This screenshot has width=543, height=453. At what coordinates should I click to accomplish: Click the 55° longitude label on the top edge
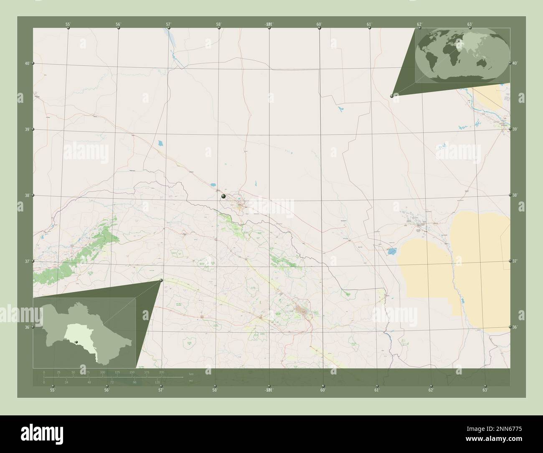tap(68, 24)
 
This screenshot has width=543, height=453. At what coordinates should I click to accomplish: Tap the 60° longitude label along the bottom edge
tap(322, 390)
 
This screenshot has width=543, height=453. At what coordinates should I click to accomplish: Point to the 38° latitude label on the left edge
tap(27, 195)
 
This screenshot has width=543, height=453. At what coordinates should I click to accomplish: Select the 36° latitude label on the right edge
tap(515, 327)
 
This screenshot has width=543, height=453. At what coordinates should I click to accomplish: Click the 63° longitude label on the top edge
tap(469, 24)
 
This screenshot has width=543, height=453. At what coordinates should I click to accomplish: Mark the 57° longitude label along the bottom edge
tap(161, 390)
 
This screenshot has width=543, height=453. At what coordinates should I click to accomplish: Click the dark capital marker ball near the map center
tap(223, 196)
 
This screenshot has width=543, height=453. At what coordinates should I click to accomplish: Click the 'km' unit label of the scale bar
tap(191, 373)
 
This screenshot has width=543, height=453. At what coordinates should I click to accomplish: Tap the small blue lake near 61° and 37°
tap(391, 252)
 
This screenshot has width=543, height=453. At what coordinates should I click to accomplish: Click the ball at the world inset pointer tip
tap(391, 96)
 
